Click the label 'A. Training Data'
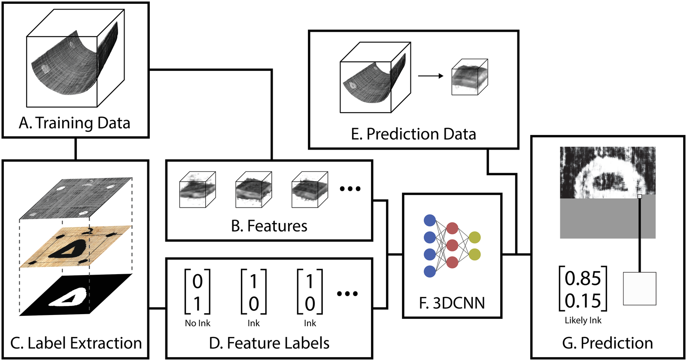pyautogui.click(x=74, y=123)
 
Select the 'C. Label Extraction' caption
pyautogui.click(x=76, y=343)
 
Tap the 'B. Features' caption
pyautogui.click(x=269, y=226)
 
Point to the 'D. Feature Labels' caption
pyautogui.click(x=269, y=343)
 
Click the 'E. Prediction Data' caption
pyautogui.click(x=413, y=134)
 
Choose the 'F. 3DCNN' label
pyautogui.click(x=452, y=303)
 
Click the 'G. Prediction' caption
pyautogui.click(x=607, y=343)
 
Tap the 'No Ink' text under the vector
pyautogui.click(x=198, y=323)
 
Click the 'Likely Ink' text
pyautogui.click(x=583, y=320)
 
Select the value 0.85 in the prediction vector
pyautogui.click(x=583, y=278)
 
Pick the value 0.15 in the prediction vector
pyautogui.click(x=583, y=300)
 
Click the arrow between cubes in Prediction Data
pyautogui.click(x=431, y=76)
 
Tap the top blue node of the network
pyautogui.click(x=430, y=220)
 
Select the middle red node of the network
pyautogui.click(x=452, y=245)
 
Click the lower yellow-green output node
pyautogui.click(x=474, y=254)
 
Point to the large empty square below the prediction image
pyautogui.click(x=639, y=288)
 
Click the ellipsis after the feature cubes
pyautogui.click(x=350, y=189)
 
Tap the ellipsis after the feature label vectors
pyautogui.click(x=347, y=294)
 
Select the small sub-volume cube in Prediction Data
pyautogui.click(x=469, y=77)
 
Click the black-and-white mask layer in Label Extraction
pyautogui.click(x=76, y=295)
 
